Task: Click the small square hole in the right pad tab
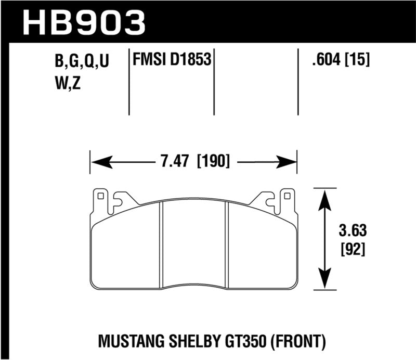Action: coord(285,197)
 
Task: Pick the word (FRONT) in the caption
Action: coord(302,342)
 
